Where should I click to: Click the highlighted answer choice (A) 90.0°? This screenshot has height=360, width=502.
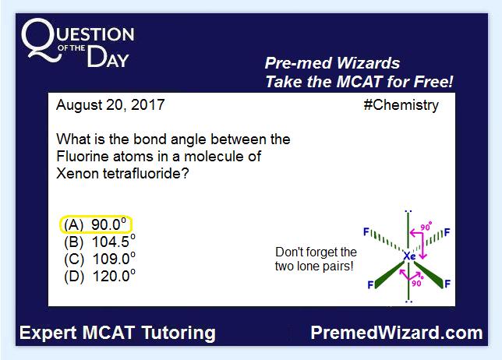(x=96, y=224)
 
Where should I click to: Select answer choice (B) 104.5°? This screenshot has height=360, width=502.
(x=100, y=242)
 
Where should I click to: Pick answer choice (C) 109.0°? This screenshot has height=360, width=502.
(x=100, y=259)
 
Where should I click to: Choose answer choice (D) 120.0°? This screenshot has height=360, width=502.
(x=100, y=276)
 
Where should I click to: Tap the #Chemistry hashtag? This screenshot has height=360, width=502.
(x=401, y=105)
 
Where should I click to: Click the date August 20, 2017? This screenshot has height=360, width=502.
(x=111, y=105)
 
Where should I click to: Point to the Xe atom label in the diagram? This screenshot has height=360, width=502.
(x=409, y=256)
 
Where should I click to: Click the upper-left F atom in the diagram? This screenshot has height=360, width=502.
(x=366, y=231)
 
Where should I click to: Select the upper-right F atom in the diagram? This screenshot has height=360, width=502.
(x=447, y=232)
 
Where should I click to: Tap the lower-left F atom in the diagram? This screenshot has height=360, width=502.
(x=370, y=284)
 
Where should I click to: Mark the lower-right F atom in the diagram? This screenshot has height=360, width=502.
(x=447, y=284)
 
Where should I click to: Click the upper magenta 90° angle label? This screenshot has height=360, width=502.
(x=426, y=226)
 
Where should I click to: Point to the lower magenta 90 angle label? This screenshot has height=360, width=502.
(x=416, y=283)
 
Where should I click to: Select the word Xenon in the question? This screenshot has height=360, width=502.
(x=77, y=174)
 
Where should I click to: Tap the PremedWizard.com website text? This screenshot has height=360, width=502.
(x=397, y=333)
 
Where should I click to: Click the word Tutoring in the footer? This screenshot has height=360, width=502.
(x=179, y=334)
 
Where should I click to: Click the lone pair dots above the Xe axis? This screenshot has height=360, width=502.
(x=408, y=211)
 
